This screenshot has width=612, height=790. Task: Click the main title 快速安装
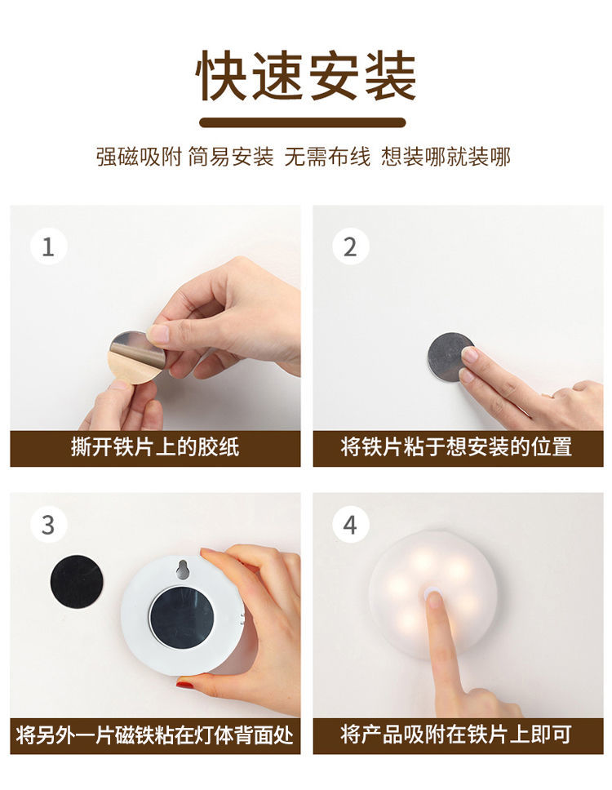(305, 76)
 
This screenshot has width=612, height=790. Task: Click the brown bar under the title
(303, 122)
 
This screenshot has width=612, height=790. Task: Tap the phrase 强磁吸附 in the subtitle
(139, 157)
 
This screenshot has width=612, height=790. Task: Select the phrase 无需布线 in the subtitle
(327, 157)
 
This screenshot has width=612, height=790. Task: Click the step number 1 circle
(48, 246)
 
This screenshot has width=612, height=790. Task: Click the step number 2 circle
(351, 246)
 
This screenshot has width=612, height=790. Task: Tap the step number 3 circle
(48, 525)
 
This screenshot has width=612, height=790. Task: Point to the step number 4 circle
(351, 525)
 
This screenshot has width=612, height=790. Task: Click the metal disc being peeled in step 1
(136, 357)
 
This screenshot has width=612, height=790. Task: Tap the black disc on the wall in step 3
(77, 582)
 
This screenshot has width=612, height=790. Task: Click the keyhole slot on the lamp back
(182, 569)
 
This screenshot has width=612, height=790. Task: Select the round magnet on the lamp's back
(182, 617)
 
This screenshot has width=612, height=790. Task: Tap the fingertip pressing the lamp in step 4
(433, 597)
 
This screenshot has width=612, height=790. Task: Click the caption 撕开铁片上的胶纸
(155, 447)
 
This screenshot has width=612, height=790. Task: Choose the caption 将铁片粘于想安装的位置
(456, 447)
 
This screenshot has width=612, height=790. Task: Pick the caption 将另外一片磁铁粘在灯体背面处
(155, 735)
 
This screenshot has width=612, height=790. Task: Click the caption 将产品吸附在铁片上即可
(456, 735)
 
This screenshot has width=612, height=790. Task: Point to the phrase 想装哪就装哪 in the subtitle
(446, 157)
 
